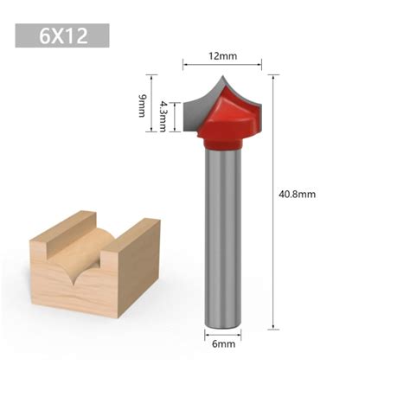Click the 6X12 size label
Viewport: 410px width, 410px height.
61,35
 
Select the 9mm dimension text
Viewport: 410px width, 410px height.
142,106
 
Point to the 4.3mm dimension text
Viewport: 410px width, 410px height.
162,117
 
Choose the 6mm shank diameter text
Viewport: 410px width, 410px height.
222,344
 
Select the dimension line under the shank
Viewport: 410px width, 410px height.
221,333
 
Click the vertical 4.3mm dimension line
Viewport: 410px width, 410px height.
176,117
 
